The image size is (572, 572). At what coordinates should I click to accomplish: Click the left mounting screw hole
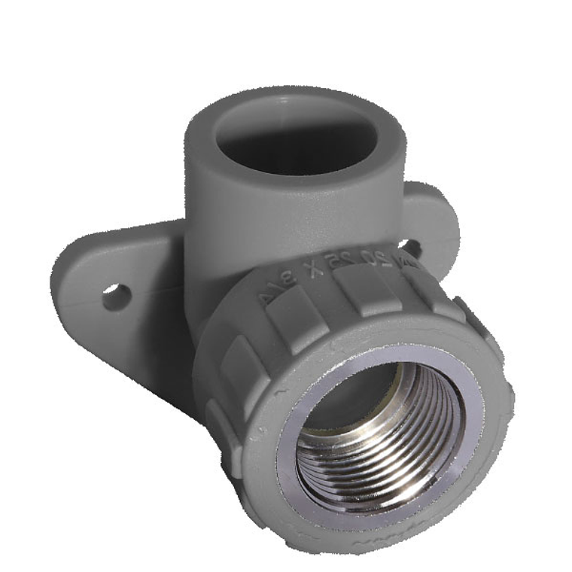(x=116, y=296)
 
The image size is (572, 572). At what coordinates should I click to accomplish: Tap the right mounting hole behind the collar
(x=410, y=246)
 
